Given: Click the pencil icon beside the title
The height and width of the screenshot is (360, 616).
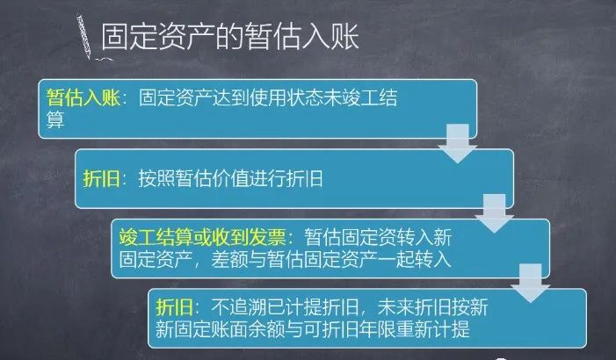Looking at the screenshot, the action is click(x=84, y=37).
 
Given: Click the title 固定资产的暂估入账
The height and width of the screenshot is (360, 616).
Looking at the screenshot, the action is click(x=230, y=37).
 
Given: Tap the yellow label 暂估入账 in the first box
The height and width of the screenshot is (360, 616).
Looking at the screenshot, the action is click(x=83, y=97).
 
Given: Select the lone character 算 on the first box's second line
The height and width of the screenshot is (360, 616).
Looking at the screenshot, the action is click(x=55, y=119).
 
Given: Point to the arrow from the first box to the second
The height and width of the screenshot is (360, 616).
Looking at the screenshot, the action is click(x=458, y=143).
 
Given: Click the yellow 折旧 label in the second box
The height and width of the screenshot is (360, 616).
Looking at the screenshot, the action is click(x=101, y=178).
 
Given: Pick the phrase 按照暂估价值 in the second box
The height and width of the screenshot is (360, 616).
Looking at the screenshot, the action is click(x=193, y=178).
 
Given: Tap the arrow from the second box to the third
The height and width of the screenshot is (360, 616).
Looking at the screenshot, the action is click(x=494, y=213).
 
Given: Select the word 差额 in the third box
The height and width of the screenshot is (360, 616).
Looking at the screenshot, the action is click(x=230, y=259).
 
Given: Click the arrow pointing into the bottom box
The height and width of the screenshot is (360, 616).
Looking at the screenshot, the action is click(x=531, y=283).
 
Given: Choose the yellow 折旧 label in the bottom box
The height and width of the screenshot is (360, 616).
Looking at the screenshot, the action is click(x=174, y=306).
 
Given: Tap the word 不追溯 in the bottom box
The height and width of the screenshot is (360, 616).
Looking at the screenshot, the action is click(x=239, y=306).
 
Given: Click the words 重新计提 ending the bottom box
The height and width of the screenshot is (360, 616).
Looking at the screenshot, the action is click(x=433, y=329).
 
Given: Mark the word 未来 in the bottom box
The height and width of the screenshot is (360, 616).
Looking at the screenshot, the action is click(x=395, y=306).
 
